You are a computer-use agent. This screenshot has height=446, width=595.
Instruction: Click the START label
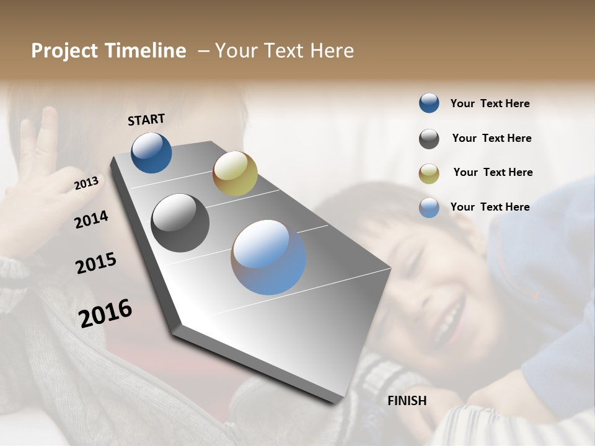[x=146, y=120]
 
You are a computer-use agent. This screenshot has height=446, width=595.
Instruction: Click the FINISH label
[x=407, y=401]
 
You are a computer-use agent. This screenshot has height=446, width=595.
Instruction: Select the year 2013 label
[x=86, y=183]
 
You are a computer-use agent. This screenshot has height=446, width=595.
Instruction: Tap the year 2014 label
[x=91, y=219]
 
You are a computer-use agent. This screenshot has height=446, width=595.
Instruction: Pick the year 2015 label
[x=96, y=263]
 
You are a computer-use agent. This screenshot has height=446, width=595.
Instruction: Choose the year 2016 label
[x=105, y=313]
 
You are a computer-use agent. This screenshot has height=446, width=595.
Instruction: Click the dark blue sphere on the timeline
[x=151, y=153]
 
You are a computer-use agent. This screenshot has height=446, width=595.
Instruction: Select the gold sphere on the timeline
[x=235, y=173]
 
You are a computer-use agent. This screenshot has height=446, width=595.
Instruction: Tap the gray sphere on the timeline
[x=180, y=223]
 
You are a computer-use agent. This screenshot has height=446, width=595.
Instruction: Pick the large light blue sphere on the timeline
[x=268, y=257]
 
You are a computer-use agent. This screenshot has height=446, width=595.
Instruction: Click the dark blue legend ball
[x=429, y=103]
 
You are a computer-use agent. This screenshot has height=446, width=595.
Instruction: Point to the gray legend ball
[x=429, y=139]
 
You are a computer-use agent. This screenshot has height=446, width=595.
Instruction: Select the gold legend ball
[x=429, y=173]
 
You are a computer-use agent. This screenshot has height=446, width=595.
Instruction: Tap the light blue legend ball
[x=429, y=208]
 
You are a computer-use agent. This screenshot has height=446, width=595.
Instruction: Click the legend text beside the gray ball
[x=491, y=138]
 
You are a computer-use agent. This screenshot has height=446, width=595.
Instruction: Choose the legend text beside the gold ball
[x=493, y=172]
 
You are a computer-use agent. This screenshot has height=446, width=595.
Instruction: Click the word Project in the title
[x=65, y=51]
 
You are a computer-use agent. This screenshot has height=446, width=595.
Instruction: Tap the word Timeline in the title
[x=149, y=51]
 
